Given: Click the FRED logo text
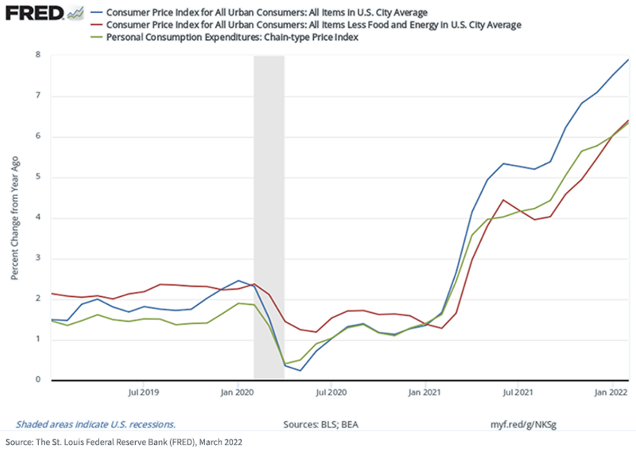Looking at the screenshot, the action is (34, 13).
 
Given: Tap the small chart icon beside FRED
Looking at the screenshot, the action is (76, 13).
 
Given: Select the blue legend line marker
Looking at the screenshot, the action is (96, 13).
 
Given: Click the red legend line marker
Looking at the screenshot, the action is (96, 25).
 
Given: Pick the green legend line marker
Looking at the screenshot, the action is (96, 37).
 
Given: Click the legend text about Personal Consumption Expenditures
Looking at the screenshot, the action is (232, 37).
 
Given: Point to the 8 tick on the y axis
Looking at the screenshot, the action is (38, 55).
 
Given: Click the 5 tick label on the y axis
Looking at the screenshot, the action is (38, 176).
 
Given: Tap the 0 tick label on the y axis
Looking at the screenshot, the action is (38, 379).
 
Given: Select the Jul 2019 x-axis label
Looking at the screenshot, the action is (144, 392).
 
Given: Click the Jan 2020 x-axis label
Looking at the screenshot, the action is (237, 392).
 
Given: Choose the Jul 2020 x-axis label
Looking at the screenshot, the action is (331, 392).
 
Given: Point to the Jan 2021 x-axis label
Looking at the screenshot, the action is (425, 392).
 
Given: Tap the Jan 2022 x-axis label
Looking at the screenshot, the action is (611, 392).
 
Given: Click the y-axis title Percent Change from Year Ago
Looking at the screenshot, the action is (14, 218).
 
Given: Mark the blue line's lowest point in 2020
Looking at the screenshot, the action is (300, 370).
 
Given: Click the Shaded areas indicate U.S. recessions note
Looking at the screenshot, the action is (95, 425).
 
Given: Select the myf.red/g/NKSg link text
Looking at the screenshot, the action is (523, 425).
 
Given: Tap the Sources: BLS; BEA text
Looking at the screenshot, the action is (321, 425).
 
